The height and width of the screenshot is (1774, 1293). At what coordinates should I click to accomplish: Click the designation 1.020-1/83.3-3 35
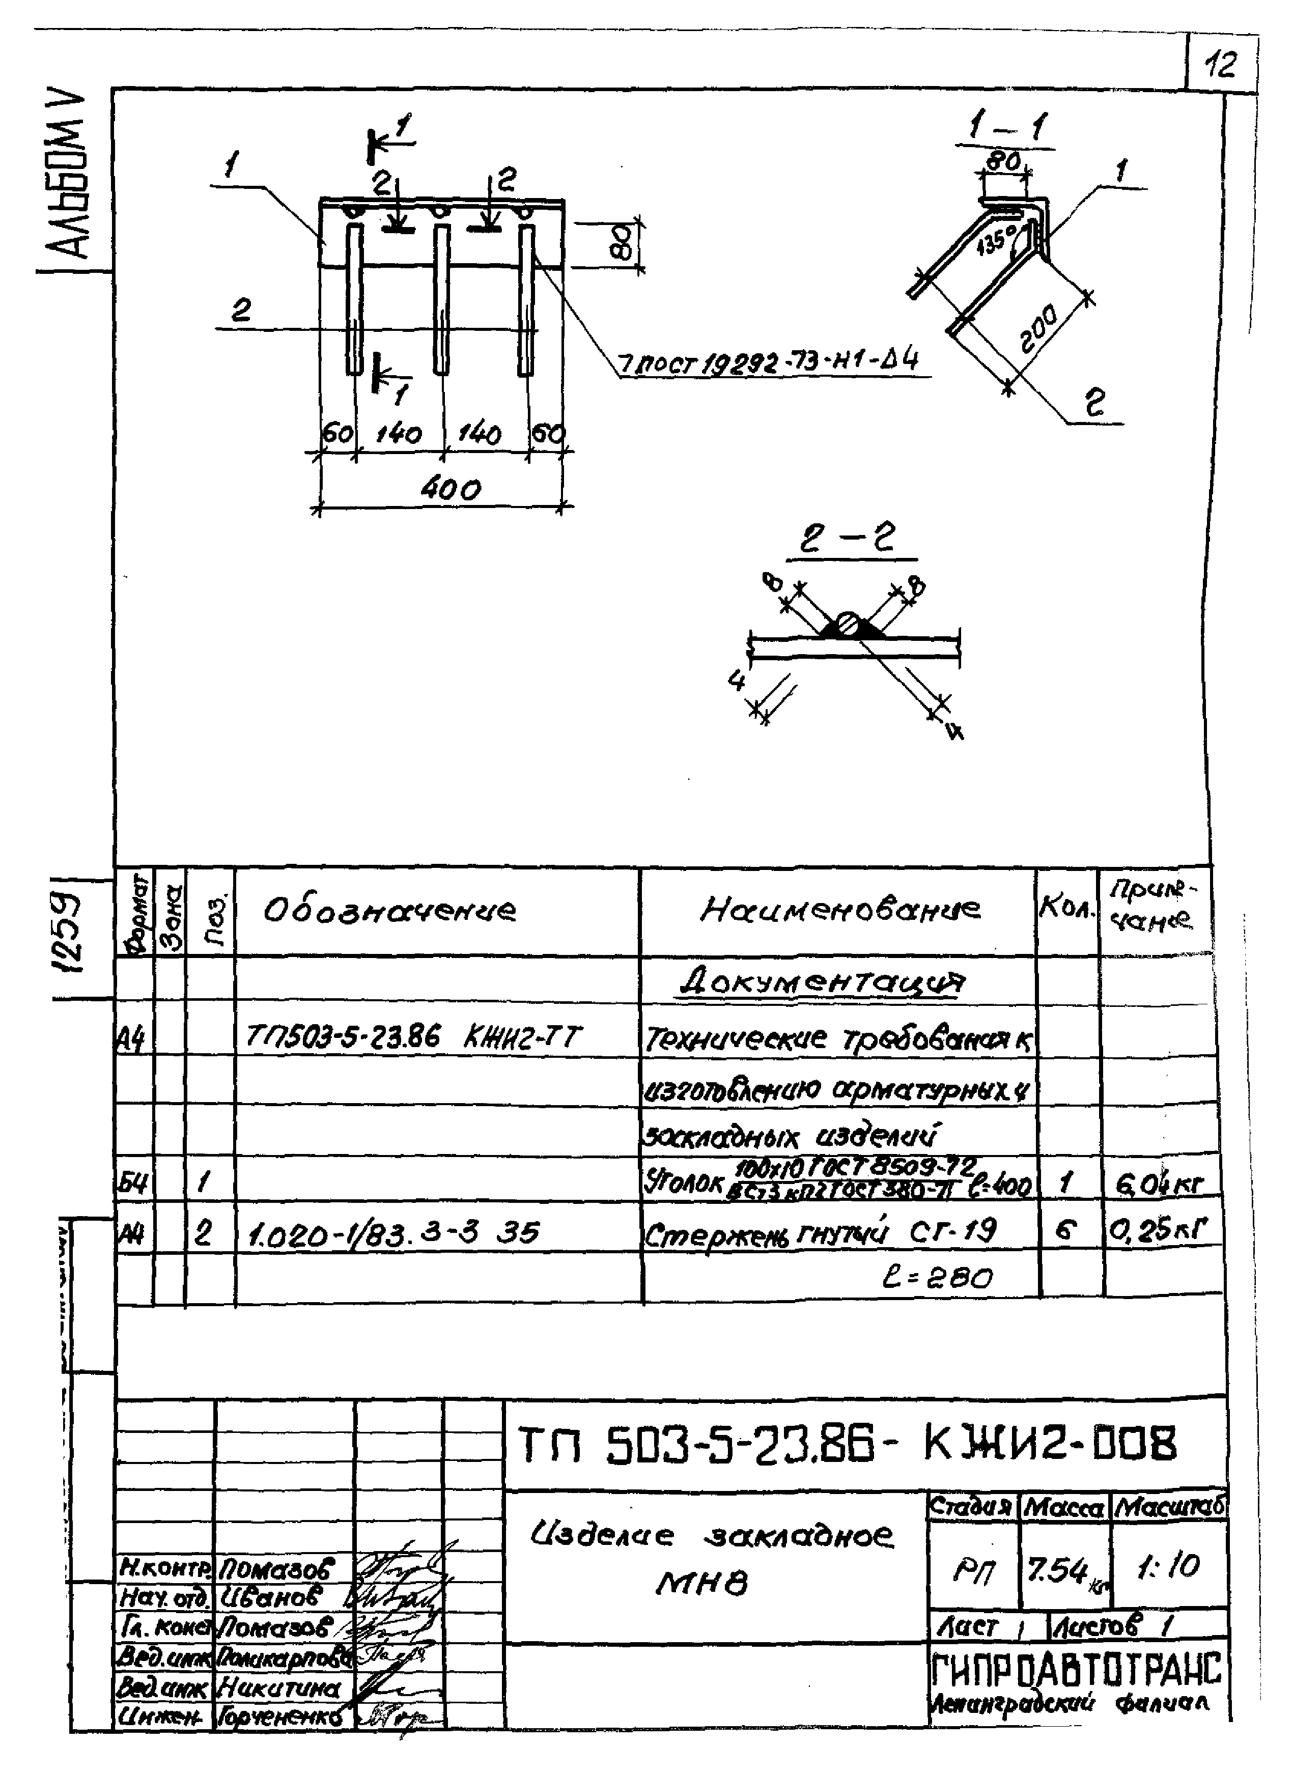[x=393, y=1234]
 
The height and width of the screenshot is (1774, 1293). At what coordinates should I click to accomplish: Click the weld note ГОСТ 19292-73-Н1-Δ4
[x=768, y=363]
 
